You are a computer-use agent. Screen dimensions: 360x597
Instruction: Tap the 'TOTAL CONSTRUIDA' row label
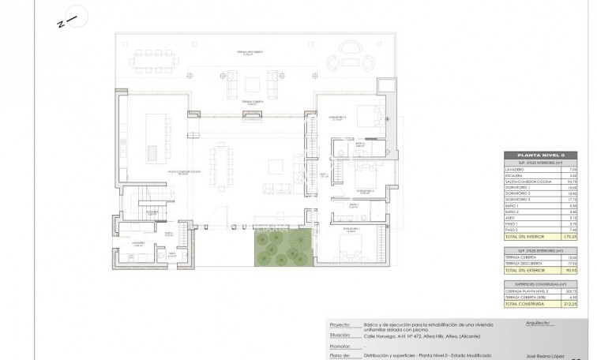523,304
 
